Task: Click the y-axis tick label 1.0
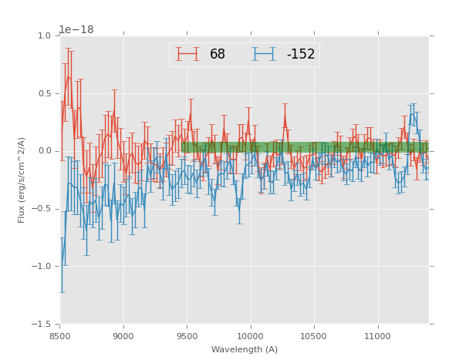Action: pyautogui.click(x=44, y=35)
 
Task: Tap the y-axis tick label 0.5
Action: pyautogui.click(x=44, y=93)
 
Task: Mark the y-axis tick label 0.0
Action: pyautogui.click(x=44, y=151)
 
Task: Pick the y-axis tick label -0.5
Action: pyautogui.click(x=42, y=209)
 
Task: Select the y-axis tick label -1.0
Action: pyautogui.click(x=42, y=267)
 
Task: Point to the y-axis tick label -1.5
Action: pyautogui.click(x=42, y=325)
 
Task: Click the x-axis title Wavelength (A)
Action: pyautogui.click(x=245, y=349)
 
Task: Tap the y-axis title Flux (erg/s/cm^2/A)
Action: pyautogui.click(x=22, y=180)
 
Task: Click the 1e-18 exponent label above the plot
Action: pyautogui.click(x=76, y=30)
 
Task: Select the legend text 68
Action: pyautogui.click(x=218, y=55)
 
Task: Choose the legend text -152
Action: pyautogui.click(x=300, y=55)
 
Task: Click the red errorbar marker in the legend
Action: pyautogui.click(x=187, y=54)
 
